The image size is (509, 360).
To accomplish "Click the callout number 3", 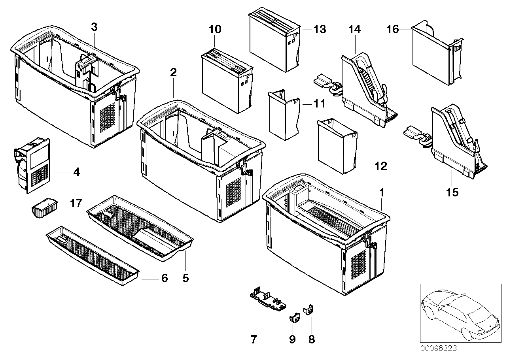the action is coord(94,27).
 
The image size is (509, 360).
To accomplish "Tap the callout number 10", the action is coord(215,30).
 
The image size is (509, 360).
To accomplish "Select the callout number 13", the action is coord(320,30).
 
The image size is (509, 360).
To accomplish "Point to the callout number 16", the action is coord(393,30).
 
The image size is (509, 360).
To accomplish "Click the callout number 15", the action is coord(452,192).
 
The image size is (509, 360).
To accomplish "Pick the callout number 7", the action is coord(254,339).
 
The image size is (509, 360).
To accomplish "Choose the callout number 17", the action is coord(76,203).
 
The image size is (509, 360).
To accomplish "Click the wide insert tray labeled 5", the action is coord(140,228).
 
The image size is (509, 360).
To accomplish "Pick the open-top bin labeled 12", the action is coord(337,146).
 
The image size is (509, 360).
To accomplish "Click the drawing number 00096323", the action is coord(438,349).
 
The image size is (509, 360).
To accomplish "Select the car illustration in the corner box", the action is coord(460,314).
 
